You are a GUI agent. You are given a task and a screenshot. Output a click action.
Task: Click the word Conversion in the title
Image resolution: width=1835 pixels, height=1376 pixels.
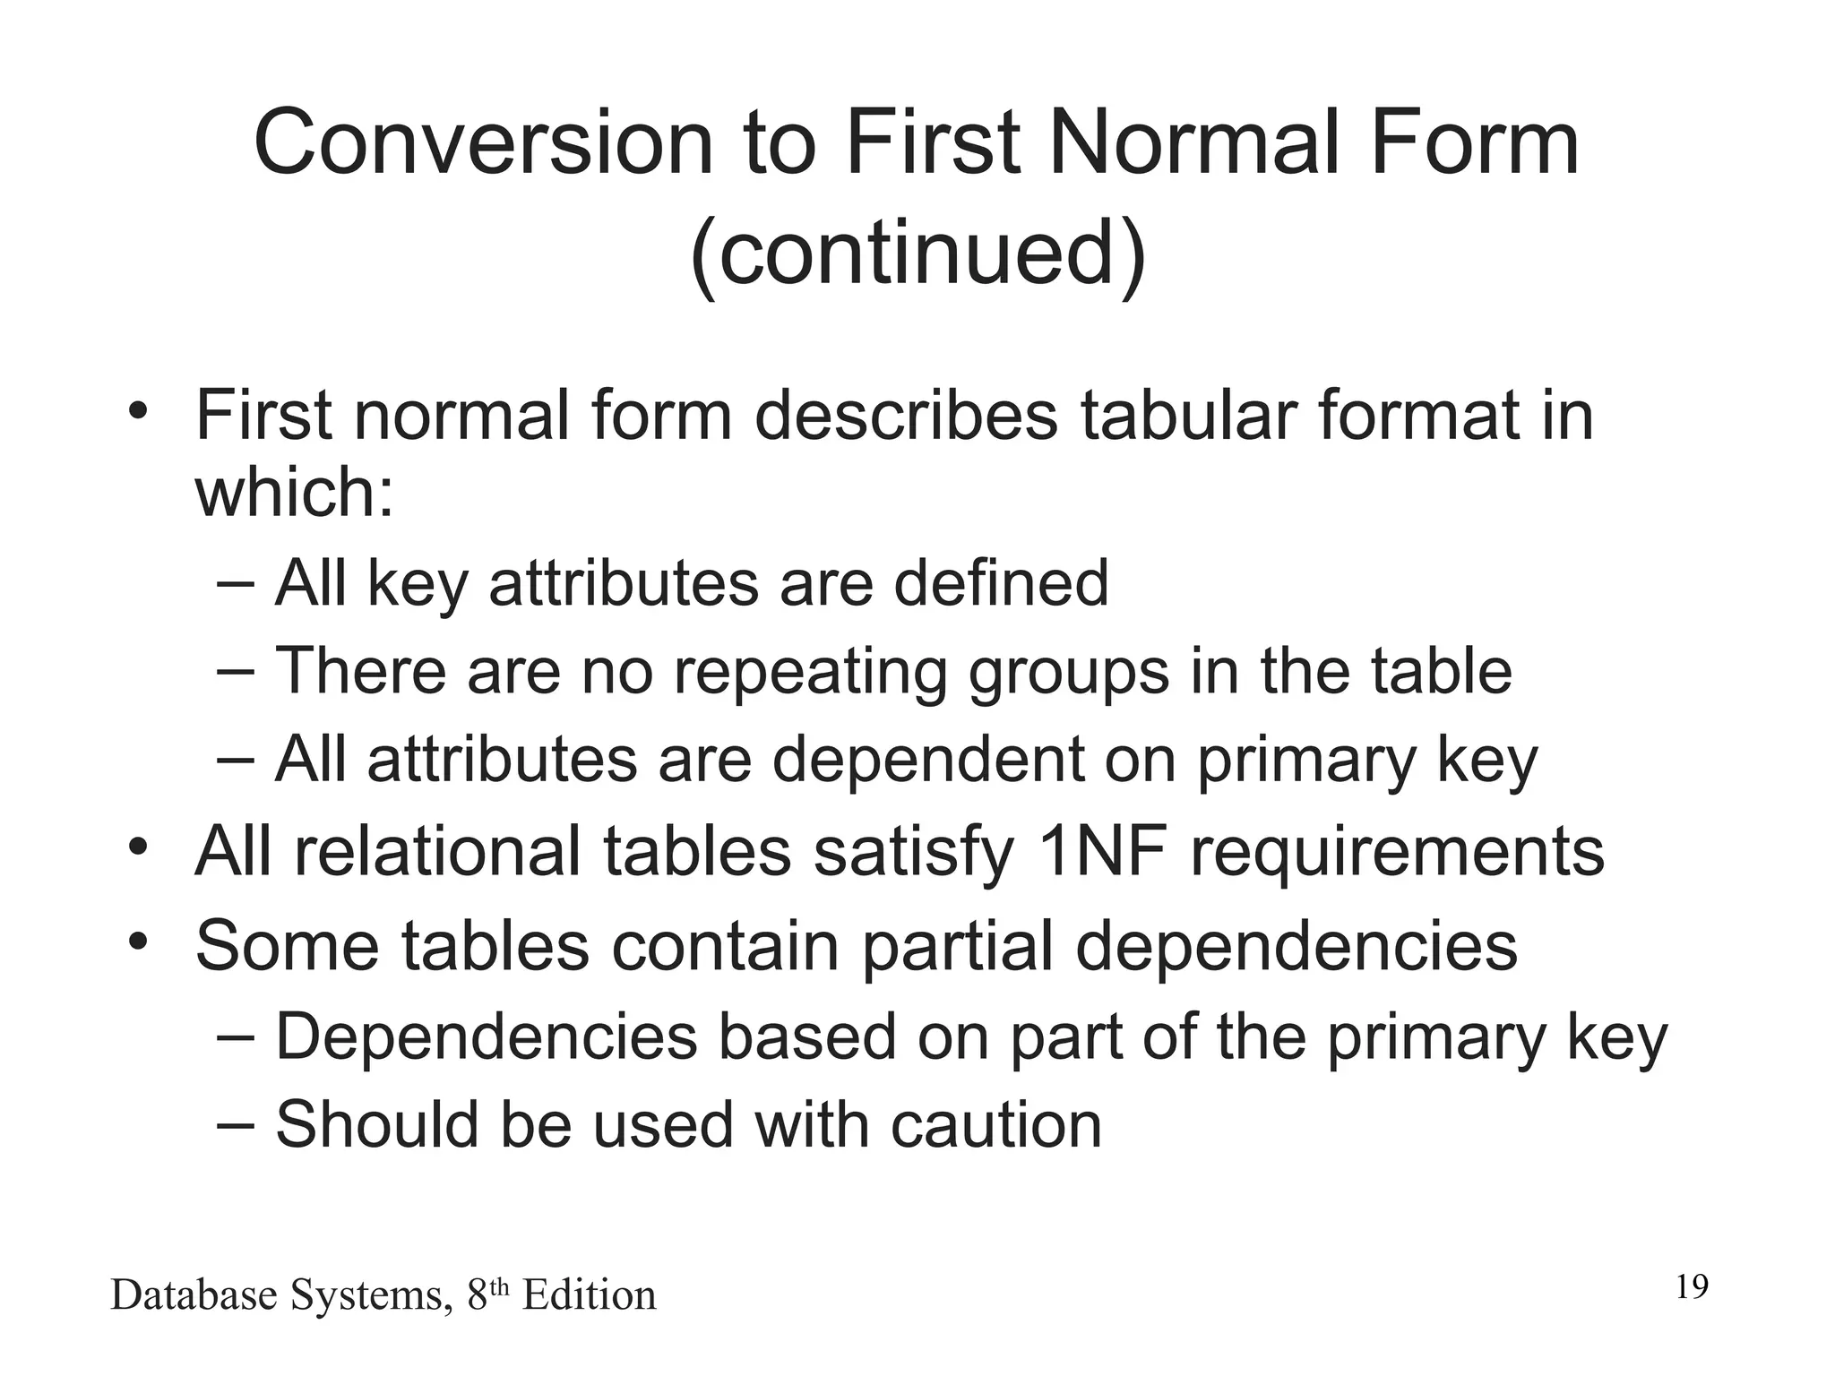point(484,143)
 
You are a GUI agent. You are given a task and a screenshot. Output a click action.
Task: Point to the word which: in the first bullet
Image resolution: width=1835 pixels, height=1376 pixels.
point(295,492)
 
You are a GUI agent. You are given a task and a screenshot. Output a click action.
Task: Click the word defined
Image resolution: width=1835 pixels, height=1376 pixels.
point(1001,583)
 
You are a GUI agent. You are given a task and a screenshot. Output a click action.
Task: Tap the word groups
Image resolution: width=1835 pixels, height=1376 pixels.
point(1068,671)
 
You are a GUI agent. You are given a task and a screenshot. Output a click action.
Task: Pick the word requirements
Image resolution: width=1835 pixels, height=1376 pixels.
point(1397,851)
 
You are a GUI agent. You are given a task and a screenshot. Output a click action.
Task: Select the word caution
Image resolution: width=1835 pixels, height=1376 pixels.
point(995,1125)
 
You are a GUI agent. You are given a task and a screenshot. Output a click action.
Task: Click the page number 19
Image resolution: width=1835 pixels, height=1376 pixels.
point(1692,1287)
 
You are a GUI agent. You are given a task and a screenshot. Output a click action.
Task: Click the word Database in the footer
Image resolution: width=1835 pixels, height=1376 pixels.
point(193,1295)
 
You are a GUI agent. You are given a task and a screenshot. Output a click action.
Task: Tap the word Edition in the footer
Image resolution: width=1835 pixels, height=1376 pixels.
point(589,1295)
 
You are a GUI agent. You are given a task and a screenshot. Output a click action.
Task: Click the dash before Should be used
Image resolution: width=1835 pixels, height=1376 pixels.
point(235,1125)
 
